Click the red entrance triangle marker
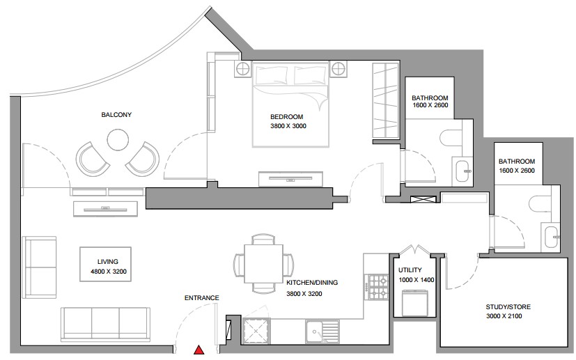point(199,350)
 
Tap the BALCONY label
point(116,115)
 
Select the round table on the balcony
point(118,139)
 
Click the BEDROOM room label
point(286,117)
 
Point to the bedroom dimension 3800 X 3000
point(288,126)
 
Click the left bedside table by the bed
point(242,69)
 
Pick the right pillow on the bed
point(310,76)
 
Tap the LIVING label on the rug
point(108,262)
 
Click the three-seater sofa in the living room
point(105,324)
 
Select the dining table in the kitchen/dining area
point(264,263)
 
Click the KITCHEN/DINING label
point(312,283)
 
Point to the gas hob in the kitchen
point(377,287)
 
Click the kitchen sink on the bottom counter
point(322,331)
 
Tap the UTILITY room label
point(410,270)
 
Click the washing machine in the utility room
point(415,303)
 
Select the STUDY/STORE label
point(508,307)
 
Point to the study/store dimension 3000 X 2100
point(504,316)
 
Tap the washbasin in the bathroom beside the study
point(551,237)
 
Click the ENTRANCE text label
point(202,298)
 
